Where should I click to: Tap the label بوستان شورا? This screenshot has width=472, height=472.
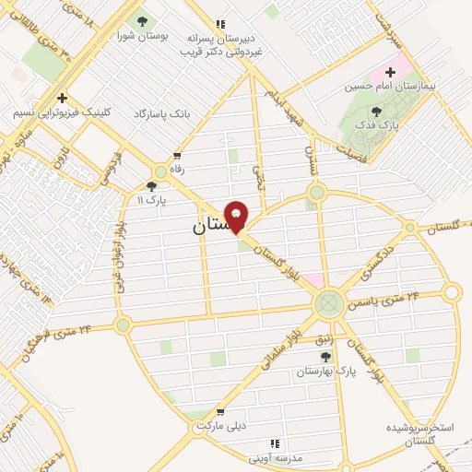click(141, 37)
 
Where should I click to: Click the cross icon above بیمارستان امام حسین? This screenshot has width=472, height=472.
click(390, 71)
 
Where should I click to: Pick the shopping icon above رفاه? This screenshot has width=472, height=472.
click(176, 157)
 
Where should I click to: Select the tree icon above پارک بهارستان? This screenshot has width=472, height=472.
click(324, 357)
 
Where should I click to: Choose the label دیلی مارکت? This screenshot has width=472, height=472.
click(219, 426)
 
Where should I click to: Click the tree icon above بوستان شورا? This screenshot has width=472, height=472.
click(141, 22)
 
